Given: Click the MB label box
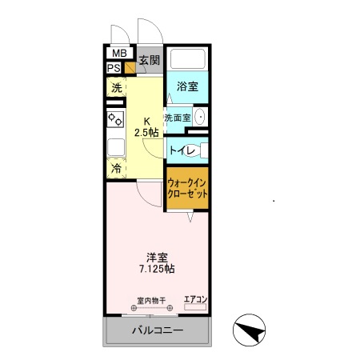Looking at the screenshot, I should click(x=118, y=54).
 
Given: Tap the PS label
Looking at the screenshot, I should click(x=114, y=67).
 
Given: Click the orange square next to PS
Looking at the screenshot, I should click(x=130, y=68).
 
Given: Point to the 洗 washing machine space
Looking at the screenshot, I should click(x=116, y=88).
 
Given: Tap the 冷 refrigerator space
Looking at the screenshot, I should click(x=116, y=169).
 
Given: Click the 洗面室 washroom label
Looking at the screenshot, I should click(x=178, y=118).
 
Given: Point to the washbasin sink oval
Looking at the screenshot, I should click(x=199, y=117).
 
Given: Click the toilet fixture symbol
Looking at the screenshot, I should click(x=200, y=149).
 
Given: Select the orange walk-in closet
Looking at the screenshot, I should click(x=187, y=189).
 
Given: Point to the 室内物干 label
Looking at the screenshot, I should click(x=150, y=301).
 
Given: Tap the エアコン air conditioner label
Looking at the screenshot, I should click(x=195, y=300).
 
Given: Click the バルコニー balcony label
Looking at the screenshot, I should click(x=157, y=331).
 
